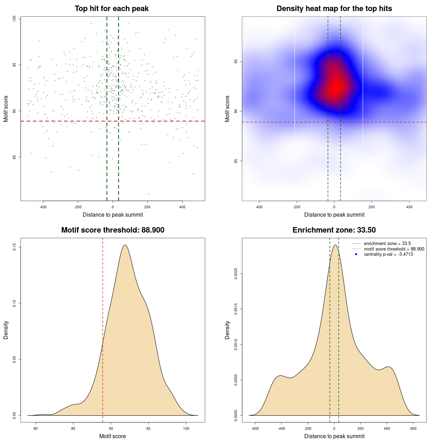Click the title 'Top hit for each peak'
(x=111, y=9)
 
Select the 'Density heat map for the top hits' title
(x=334, y=9)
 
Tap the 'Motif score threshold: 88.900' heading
(x=112, y=230)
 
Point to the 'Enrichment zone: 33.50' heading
(x=334, y=230)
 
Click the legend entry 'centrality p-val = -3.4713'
(x=388, y=254)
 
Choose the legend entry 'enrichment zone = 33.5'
(x=387, y=244)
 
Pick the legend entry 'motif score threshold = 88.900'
(x=394, y=249)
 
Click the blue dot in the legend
(x=356, y=254)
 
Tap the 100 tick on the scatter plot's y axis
(x=15, y=19)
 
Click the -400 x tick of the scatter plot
(x=43, y=207)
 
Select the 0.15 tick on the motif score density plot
(x=15, y=247)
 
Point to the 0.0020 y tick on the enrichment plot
(x=236, y=273)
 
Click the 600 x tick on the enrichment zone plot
(x=413, y=428)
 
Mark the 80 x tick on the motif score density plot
(x=36, y=428)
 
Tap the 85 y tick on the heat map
(x=236, y=161)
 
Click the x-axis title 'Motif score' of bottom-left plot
(x=112, y=436)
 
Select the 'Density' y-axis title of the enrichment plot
(x=227, y=330)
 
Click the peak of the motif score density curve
(x=125, y=245)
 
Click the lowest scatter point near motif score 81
(x=149, y=194)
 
